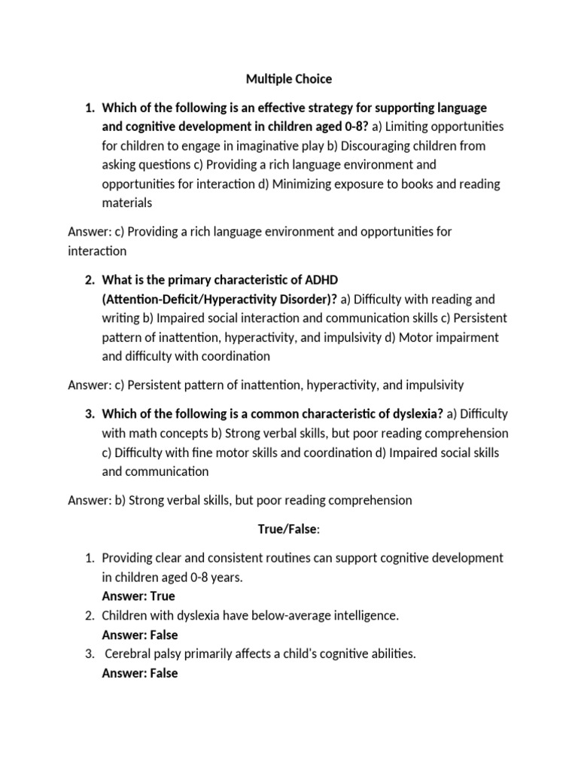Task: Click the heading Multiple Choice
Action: pos(289,78)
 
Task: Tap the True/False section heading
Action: pos(288,529)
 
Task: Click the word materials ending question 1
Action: pos(127,203)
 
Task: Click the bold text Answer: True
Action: pos(138,596)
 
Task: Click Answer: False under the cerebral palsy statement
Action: pos(140,673)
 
